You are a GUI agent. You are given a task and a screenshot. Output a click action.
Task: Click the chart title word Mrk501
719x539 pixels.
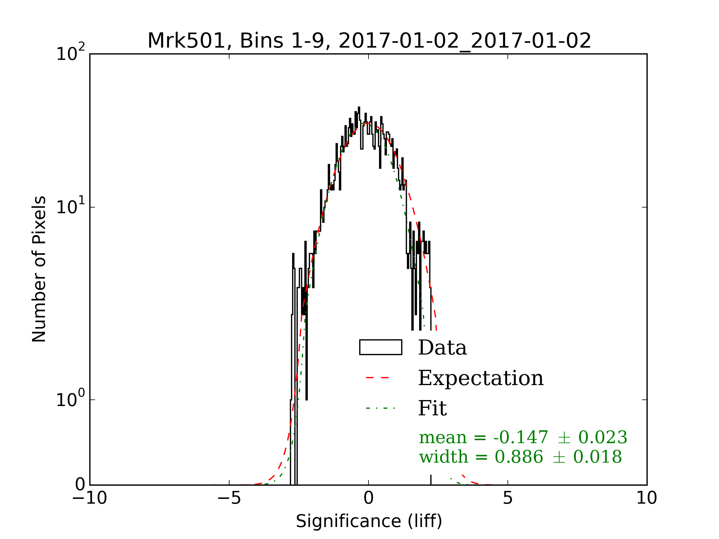[x=186, y=41]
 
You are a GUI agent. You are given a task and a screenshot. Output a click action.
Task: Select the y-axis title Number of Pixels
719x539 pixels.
[x=39, y=269]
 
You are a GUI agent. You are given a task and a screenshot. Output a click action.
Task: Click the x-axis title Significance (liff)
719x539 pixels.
[x=368, y=521]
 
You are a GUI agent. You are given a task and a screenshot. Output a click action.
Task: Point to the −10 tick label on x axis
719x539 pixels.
[x=89, y=498]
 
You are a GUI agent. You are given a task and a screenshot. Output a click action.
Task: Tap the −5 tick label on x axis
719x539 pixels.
[x=229, y=498]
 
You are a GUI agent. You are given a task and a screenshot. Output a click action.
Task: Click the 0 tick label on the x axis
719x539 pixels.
[x=368, y=498]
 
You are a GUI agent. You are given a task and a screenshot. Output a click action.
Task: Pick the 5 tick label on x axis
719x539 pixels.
[x=508, y=498]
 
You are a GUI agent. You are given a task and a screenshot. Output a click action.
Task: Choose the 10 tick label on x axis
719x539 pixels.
[x=647, y=498]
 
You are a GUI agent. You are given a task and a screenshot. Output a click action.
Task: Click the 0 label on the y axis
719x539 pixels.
[x=80, y=485]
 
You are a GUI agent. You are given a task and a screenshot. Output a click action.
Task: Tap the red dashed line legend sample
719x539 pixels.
[x=377, y=378]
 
